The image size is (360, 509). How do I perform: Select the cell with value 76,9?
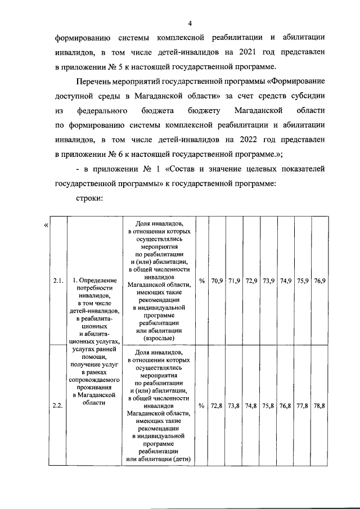[319, 280]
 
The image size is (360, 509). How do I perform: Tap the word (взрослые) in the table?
[161, 339]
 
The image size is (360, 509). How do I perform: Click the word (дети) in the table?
[182, 460]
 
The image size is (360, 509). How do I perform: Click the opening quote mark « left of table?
[45, 226]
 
